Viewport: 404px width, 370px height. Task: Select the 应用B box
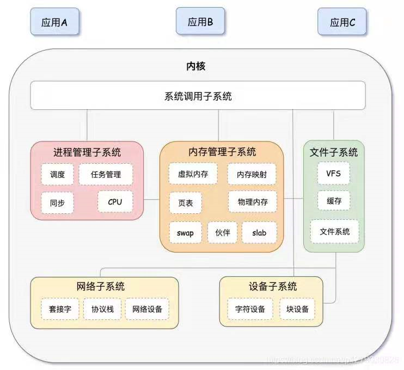tap(200, 22)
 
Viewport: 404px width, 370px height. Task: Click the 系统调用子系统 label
tap(198, 96)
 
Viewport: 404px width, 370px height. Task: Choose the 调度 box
tap(57, 175)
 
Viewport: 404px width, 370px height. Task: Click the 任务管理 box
tap(106, 175)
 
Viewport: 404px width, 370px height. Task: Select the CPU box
tap(115, 202)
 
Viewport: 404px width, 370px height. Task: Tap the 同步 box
tap(57, 202)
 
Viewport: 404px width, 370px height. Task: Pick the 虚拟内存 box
tap(193, 174)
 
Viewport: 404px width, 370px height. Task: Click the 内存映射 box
tap(252, 175)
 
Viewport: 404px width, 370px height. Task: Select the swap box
tap(185, 233)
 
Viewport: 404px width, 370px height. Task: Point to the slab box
tap(259, 233)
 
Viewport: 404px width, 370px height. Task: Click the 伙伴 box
tap(222, 233)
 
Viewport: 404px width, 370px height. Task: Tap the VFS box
tap(334, 174)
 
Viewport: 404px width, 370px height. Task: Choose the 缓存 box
tap(334, 200)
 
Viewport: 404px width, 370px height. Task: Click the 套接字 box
tap(60, 309)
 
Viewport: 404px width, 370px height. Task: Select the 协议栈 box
tap(102, 309)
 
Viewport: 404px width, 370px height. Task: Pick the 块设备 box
tap(297, 309)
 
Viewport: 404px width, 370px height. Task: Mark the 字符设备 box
tap(250, 309)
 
